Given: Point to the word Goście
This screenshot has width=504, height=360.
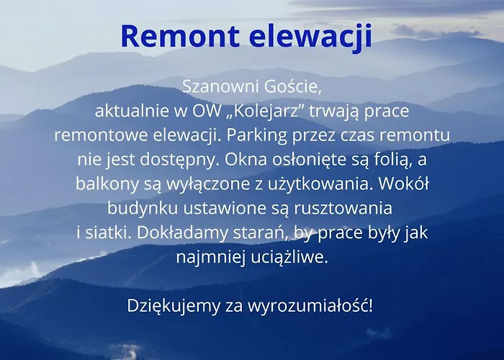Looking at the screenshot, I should point(290,87).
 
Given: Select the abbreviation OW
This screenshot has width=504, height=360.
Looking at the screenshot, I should point(203,112).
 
